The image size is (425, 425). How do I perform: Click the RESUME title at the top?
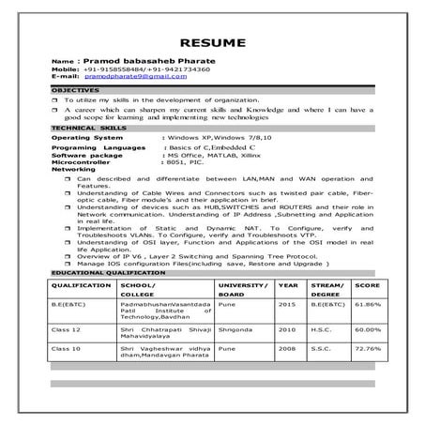click(212, 42)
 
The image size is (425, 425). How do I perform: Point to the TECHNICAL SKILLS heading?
click(84, 126)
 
